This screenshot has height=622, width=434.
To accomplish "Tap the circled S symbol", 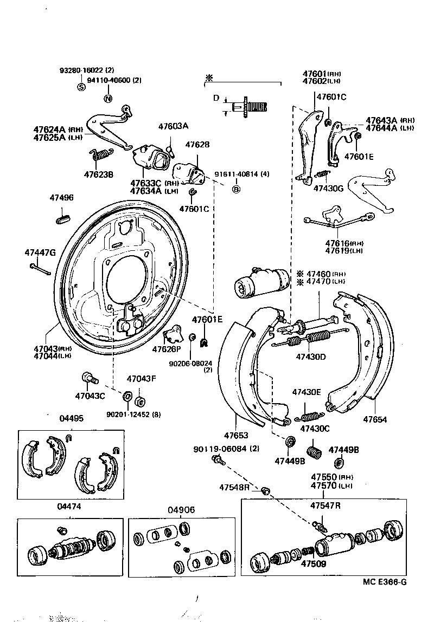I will pos(81,87).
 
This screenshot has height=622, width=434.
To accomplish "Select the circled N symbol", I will pos(107,98).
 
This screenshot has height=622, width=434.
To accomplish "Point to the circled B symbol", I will pos(236,189).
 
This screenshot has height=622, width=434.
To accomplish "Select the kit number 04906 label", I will pos(181,510).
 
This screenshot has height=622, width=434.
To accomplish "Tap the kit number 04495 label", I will pos(71,418).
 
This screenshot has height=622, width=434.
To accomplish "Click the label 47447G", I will pos(40,252).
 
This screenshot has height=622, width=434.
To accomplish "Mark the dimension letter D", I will pos(215,99).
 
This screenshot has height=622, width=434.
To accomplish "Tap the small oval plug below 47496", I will pos(63,219).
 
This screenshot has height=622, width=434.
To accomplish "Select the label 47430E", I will pos(307,392).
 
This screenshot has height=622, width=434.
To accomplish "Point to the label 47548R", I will pos(234,487).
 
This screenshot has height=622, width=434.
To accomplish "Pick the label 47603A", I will pos(173,126).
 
